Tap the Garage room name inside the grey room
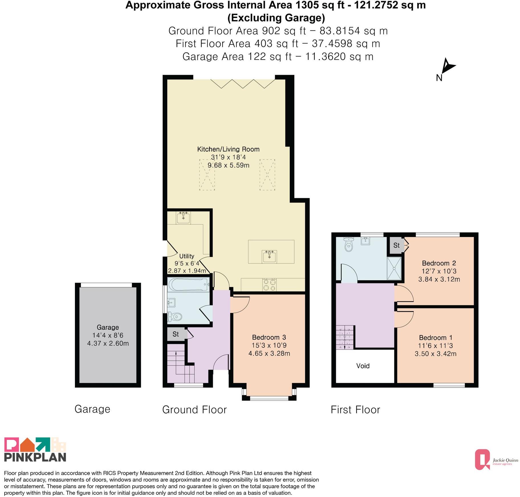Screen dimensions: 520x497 (x=108, y=327)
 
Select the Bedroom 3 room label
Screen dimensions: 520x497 (x=269, y=337)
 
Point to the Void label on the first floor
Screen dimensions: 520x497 (x=363, y=366)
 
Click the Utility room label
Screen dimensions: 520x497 (x=187, y=256)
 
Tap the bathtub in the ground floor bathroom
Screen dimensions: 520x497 (x=189, y=284)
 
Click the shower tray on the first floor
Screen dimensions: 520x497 (x=394, y=268)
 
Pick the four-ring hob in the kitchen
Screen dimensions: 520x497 (x=270, y=285)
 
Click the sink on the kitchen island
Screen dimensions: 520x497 (x=269, y=257)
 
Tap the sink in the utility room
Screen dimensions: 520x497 (x=183, y=218)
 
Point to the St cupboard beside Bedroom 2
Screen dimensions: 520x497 (x=397, y=245)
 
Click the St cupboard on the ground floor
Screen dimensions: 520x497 (x=176, y=334)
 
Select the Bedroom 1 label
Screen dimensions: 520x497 (x=435, y=338)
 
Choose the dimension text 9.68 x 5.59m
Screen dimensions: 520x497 (x=228, y=165)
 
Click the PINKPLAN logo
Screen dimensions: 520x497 (x=35, y=449)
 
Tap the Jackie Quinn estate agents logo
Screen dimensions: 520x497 (x=496, y=459)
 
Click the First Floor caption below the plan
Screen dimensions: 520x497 (x=355, y=410)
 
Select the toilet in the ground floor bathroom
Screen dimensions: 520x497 (x=174, y=316)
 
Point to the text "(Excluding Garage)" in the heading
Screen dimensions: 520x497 (x=276, y=18)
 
